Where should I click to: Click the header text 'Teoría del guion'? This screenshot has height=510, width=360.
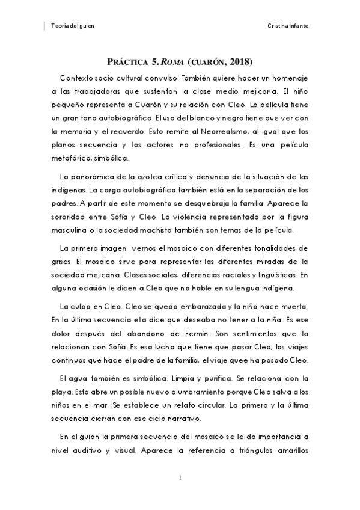point(73,26)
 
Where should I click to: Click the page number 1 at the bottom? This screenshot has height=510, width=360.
point(180,478)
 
